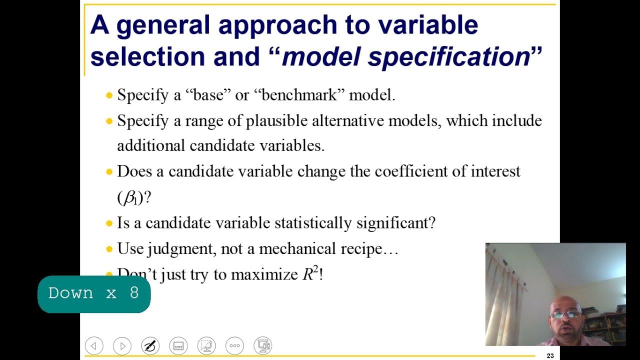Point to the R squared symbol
click(x=310, y=274)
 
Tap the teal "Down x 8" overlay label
click(x=94, y=293)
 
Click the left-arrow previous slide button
click(x=94, y=345)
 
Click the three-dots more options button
click(x=234, y=345)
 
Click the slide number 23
click(x=550, y=356)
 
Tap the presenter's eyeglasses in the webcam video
click(x=565, y=314)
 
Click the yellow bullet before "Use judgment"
click(x=109, y=249)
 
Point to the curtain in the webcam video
click(x=505, y=295)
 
